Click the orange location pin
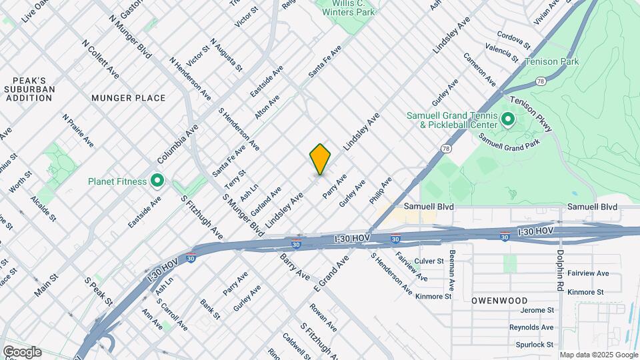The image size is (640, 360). [x=321, y=159]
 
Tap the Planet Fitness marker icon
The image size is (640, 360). [x=157, y=181]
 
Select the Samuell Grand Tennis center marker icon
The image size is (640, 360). [x=507, y=121]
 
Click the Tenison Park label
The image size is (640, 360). [x=551, y=62]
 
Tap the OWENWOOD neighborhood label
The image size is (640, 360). [x=499, y=301]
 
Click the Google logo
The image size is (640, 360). [x=22, y=352]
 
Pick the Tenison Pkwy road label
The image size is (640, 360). [x=531, y=114]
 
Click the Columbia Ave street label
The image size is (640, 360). [x=178, y=144]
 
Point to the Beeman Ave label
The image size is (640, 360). [x=453, y=269]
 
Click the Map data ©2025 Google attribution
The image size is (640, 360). [x=598, y=355]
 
